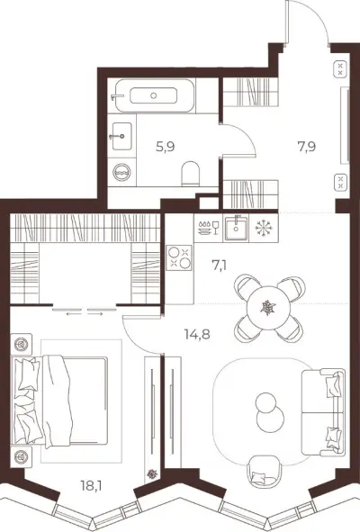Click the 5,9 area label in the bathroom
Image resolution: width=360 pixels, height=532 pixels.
[166, 148]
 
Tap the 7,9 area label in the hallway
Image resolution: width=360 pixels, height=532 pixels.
[307, 147]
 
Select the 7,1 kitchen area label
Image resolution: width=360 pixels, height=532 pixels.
[220, 265]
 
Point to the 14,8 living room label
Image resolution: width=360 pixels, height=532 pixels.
[197, 335]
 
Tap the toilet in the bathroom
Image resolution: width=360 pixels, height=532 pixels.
[191, 173]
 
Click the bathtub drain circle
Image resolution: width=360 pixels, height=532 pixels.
[153, 95]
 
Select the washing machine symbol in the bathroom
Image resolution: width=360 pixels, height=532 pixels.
[121, 172]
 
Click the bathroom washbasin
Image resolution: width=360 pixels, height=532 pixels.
[121, 136]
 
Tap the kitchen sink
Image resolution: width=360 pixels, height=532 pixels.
[236, 228]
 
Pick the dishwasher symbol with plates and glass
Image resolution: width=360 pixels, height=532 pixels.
[208, 228]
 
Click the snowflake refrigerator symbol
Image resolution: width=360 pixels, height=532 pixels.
[264, 228]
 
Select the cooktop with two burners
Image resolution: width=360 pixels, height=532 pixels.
[179, 257]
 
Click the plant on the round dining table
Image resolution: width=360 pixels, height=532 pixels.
[269, 307]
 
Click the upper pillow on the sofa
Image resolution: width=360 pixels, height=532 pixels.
[333, 383]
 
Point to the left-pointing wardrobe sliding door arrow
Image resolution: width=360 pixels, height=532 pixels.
[75, 314]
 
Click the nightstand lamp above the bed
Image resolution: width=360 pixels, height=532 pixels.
[21, 345]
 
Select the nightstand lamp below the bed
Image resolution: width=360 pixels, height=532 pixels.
[21, 456]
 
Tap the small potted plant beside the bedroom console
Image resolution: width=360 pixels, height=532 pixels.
[152, 473]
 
